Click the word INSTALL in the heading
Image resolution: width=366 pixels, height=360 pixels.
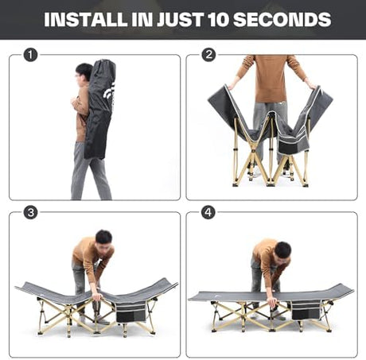[x=86, y=19]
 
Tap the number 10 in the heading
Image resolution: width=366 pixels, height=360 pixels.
[x=217, y=19]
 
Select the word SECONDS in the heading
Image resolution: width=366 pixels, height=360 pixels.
[x=282, y=19]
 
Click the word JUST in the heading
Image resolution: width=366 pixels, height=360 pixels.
[x=180, y=19]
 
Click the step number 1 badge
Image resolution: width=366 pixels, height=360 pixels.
[x=30, y=55]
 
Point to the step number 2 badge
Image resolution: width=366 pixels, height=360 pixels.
[x=208, y=55]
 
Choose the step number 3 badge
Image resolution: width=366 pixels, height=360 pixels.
[x=30, y=212]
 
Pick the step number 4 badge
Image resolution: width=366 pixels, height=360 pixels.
[x=208, y=212]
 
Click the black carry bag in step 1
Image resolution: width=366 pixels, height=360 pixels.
[x=100, y=109]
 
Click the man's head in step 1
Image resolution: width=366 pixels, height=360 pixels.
[x=84, y=73]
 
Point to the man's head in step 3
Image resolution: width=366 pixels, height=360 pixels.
[x=104, y=240]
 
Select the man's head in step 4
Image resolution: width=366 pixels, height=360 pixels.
[x=282, y=252]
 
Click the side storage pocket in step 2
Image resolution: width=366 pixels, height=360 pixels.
[x=293, y=146]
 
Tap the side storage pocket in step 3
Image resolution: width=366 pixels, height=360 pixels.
[x=131, y=312]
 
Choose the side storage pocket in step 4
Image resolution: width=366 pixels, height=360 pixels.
[x=306, y=310]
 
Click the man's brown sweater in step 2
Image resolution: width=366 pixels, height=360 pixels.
[x=271, y=78]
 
